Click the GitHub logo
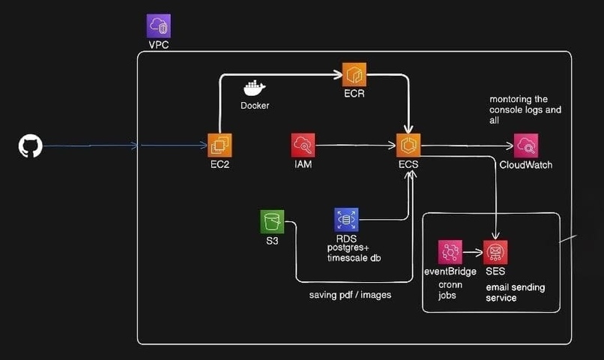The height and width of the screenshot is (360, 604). click(x=31, y=145)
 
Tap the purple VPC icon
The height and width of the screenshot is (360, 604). click(x=158, y=25)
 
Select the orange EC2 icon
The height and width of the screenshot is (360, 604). click(x=220, y=145)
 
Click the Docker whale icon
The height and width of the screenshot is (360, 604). click(x=254, y=88)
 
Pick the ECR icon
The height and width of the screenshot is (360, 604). click(x=354, y=74)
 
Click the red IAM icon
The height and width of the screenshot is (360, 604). click(x=303, y=145)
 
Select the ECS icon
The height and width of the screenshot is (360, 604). click(x=408, y=145)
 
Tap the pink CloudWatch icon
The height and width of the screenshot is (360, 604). click(x=526, y=145)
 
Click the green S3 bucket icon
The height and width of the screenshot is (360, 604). click(x=272, y=221)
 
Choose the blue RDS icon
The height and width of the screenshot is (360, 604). click(x=346, y=220)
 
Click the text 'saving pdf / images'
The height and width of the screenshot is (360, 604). click(x=350, y=295)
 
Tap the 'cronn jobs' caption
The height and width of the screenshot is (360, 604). click(x=450, y=290)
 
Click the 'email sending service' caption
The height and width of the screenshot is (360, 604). click(x=516, y=292)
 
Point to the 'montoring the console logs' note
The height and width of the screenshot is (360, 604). click(x=525, y=109)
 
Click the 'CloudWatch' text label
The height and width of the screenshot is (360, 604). click(x=526, y=165)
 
